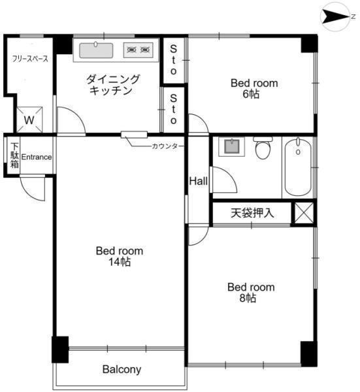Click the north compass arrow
coord(336,17)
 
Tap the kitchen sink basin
coord(96,50)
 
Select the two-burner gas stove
coord(139,50)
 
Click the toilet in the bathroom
coord(263,148)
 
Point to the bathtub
coord(298,167)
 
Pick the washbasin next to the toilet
coord(231,147)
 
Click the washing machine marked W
coord(29,120)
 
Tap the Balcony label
coord(122,369)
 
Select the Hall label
coord(198,181)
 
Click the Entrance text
coord(37,157)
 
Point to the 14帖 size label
coord(120,262)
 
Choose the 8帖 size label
coord(248,298)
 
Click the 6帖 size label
coord(251,94)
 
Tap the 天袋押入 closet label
coord(252,213)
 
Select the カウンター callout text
coord(168,146)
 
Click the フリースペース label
coord(30,59)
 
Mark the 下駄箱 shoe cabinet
coord(14,155)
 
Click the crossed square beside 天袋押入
coord(304,213)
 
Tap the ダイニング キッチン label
coord(113,85)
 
